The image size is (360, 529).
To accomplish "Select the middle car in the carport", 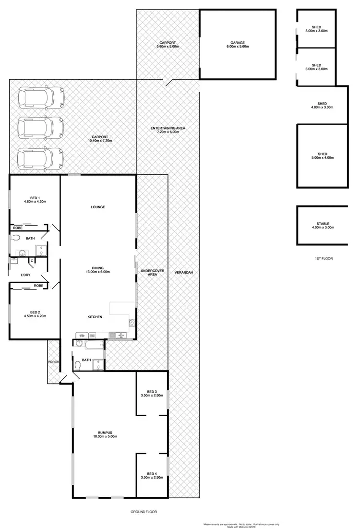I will tap(40, 128).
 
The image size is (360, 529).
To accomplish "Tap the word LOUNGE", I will tap(97, 207).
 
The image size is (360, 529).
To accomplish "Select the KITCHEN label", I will tap(94, 317).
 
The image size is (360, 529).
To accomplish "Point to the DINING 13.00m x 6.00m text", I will tap(97, 270).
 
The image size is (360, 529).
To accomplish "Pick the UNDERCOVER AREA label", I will tap(152, 273).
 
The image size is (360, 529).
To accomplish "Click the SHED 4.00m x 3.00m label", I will tap(322, 106).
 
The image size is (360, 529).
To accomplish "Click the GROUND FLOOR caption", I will tap(144, 512).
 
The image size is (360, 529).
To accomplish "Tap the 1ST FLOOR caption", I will tap(324, 258).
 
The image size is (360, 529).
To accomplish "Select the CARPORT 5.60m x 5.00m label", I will tap(169, 45).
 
